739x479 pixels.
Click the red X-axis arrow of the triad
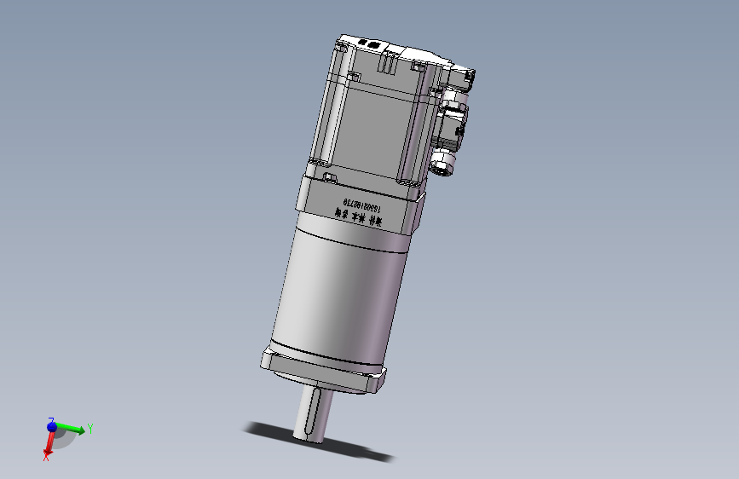click(x=49, y=445)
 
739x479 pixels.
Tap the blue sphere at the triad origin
click(x=52, y=426)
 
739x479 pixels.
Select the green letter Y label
click(x=89, y=429)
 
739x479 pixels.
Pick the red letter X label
click(x=46, y=458)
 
